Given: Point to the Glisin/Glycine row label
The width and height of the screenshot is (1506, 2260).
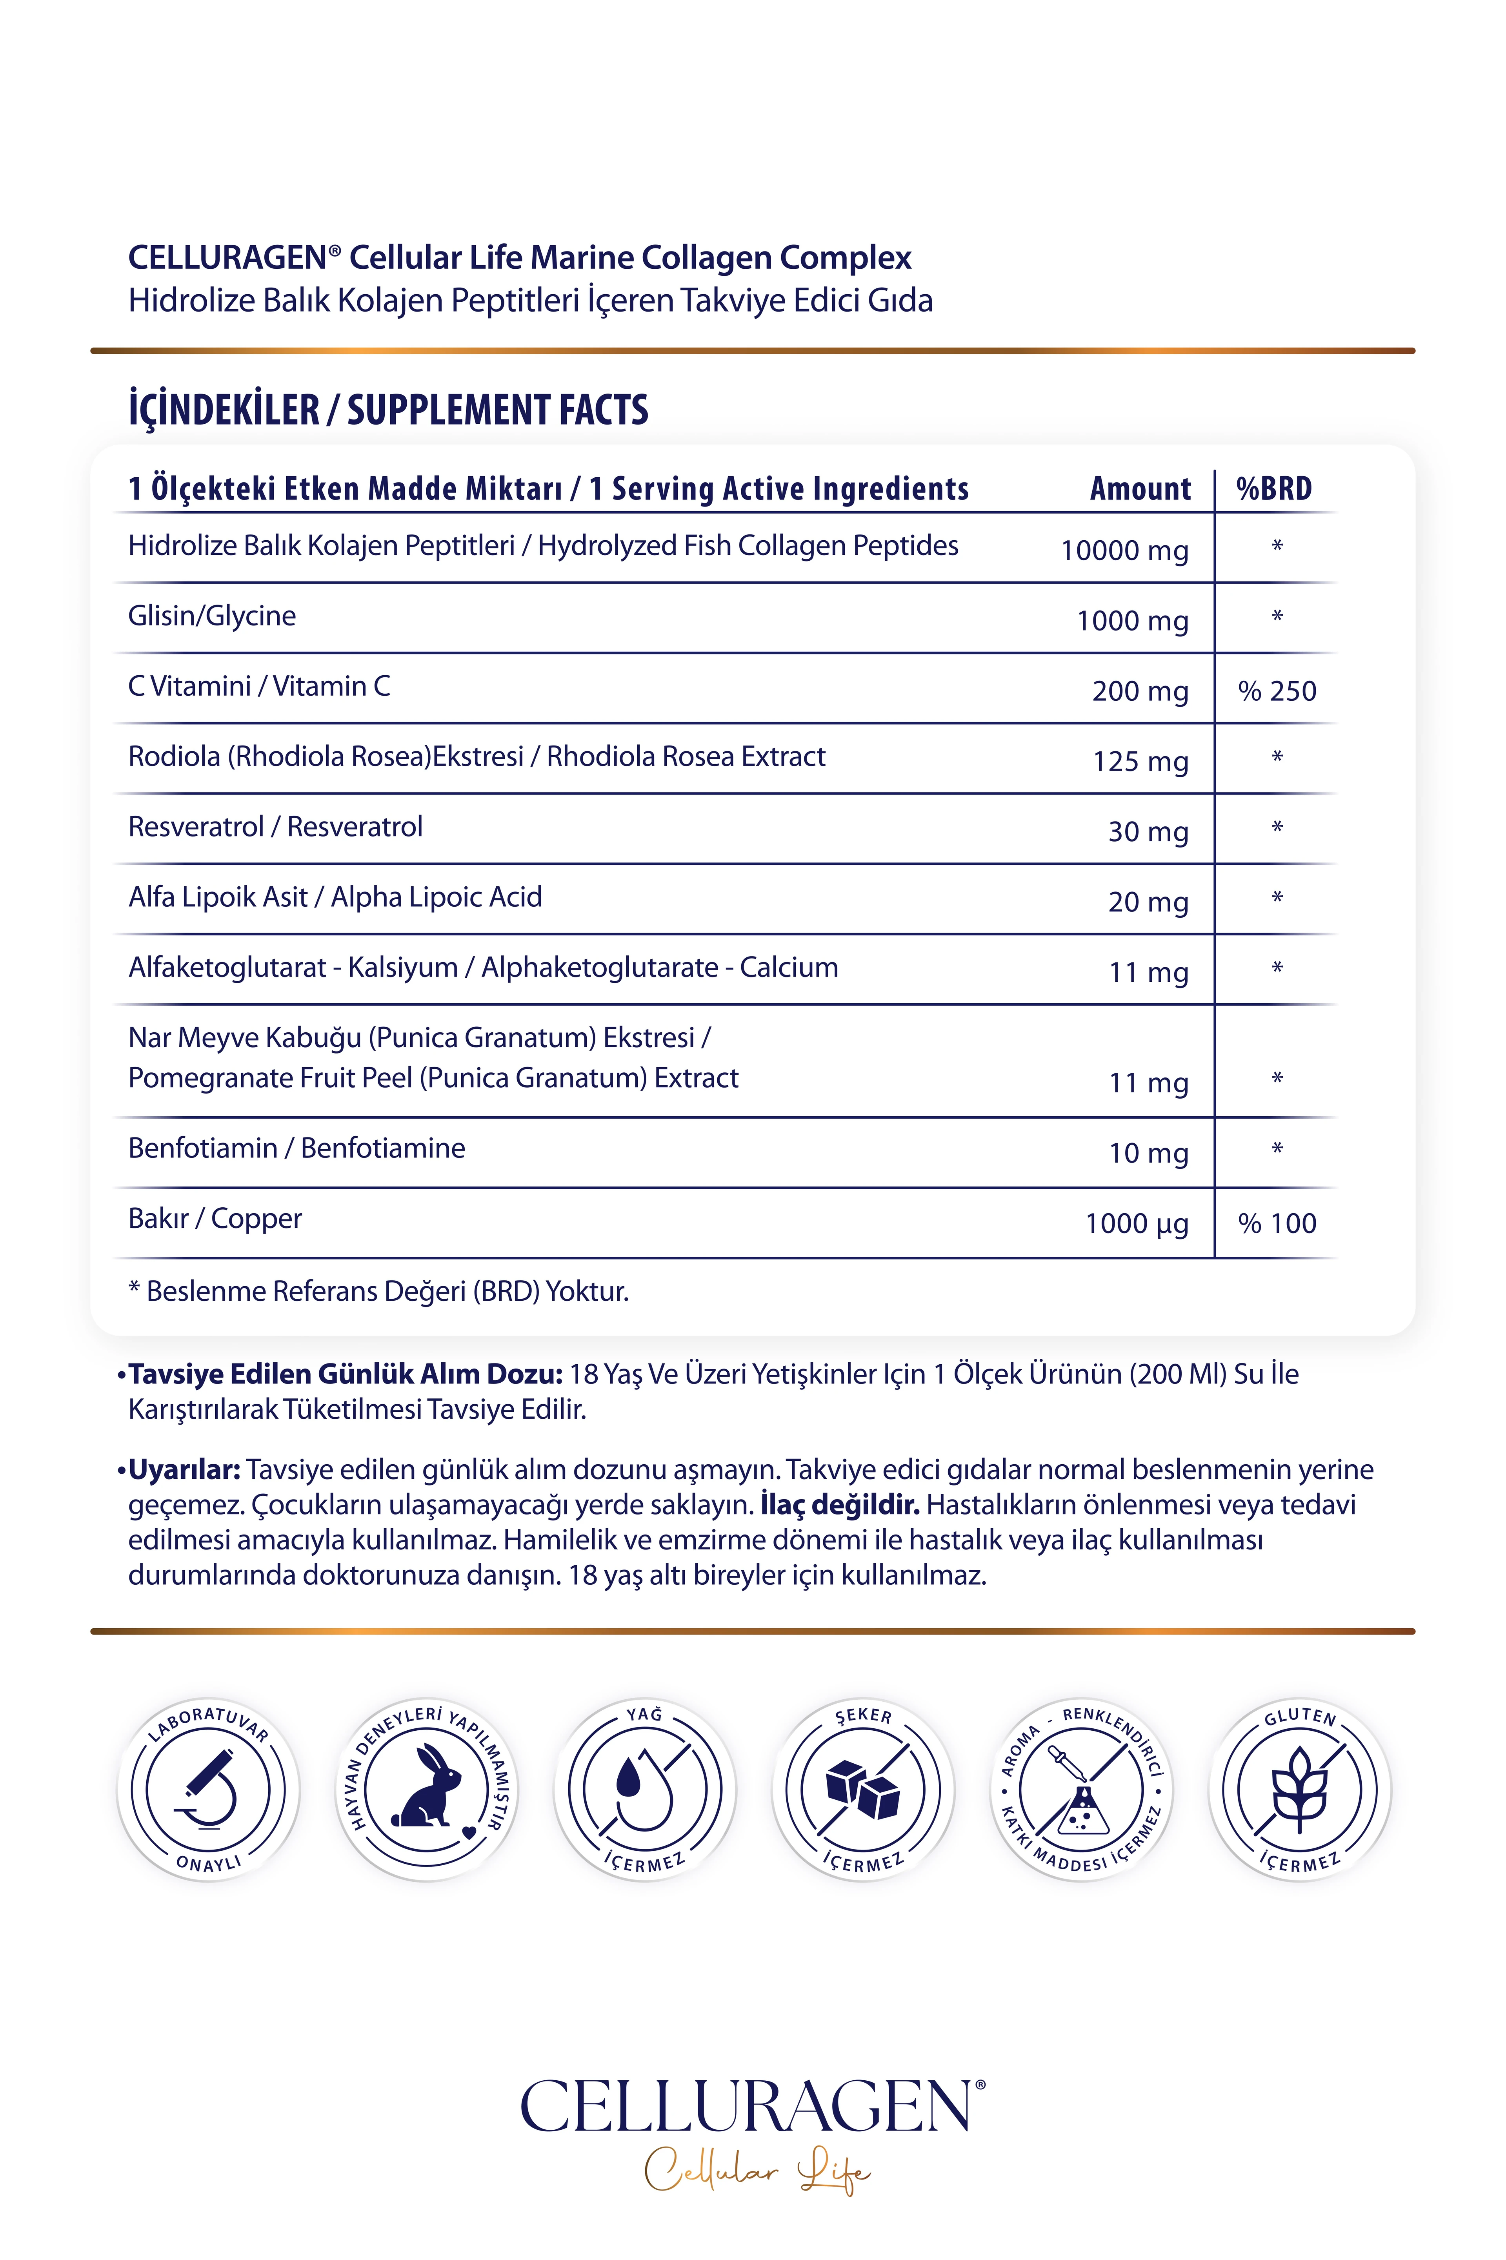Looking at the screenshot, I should pyautogui.click(x=212, y=616).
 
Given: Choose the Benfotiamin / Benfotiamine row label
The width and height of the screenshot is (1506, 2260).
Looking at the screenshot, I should pyautogui.click(x=297, y=1148).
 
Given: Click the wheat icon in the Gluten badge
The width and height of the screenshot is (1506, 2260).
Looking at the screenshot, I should pyautogui.click(x=1299, y=1789).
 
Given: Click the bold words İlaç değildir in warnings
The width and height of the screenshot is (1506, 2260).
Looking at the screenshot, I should pyautogui.click(x=839, y=1505).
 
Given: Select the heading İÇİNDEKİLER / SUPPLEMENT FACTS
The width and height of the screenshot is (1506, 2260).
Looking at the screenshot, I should pyautogui.click(x=388, y=410).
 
